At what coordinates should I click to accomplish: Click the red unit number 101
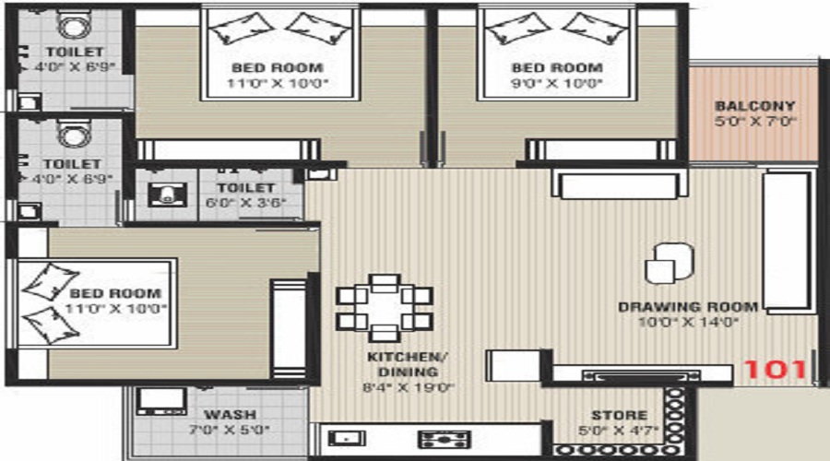775,370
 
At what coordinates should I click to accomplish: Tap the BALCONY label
754,106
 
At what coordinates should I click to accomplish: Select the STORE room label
619,416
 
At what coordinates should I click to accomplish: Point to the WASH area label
230,415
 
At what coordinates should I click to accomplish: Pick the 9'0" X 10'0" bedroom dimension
557,83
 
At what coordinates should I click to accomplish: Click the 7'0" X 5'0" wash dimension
230,429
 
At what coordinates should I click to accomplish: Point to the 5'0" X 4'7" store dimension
619,430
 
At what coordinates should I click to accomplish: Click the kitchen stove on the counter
445,440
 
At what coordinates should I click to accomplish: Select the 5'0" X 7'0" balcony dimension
754,121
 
